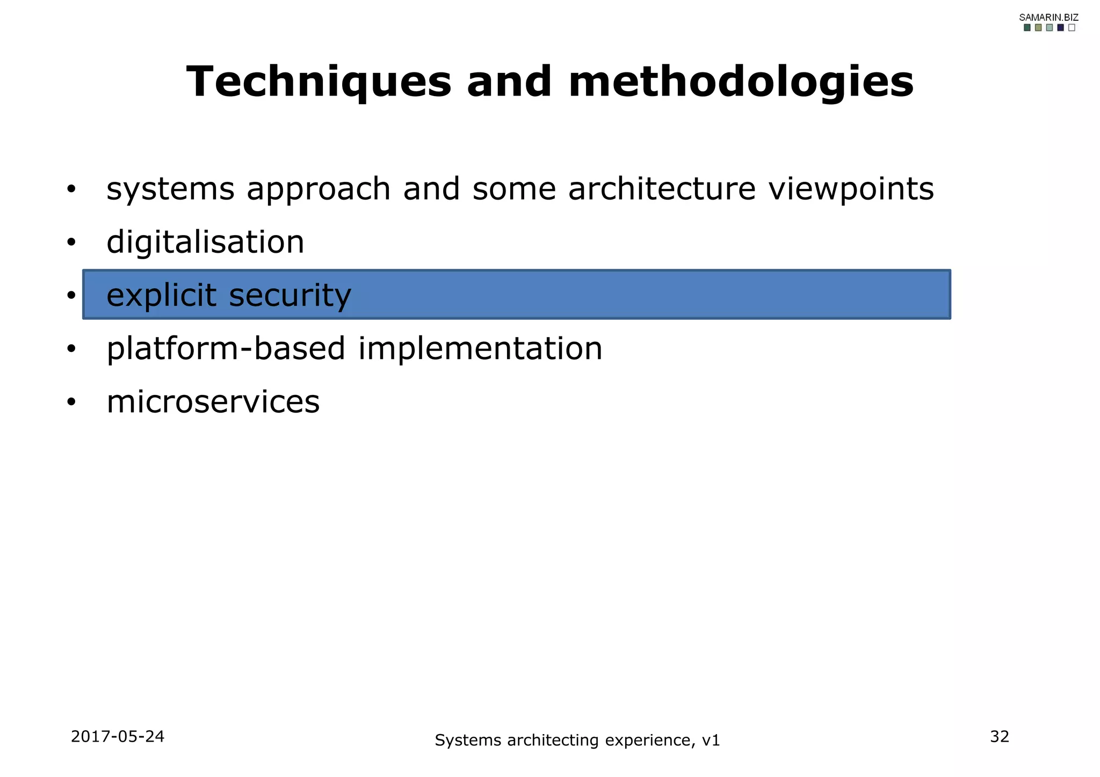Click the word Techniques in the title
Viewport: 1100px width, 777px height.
click(319, 82)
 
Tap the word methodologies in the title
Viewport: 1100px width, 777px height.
click(741, 82)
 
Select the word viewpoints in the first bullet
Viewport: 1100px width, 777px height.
click(851, 190)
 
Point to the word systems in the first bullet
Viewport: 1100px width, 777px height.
click(170, 190)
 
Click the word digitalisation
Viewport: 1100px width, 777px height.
click(205, 242)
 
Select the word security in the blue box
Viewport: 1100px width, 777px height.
click(290, 296)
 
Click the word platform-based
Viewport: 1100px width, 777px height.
click(226, 349)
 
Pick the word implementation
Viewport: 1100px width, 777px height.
click(480, 349)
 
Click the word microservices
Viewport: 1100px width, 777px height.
click(213, 402)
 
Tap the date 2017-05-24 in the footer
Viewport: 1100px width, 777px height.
click(118, 737)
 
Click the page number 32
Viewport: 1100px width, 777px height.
click(1000, 737)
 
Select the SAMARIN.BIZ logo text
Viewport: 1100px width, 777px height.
click(1048, 17)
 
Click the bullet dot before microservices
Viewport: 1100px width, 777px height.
click(71, 402)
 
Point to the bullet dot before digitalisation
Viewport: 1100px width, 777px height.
click(71, 243)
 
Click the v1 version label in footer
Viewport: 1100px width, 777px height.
click(711, 741)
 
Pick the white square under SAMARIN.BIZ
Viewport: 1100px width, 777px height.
click(1072, 28)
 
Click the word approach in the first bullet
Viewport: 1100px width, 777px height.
click(318, 190)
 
